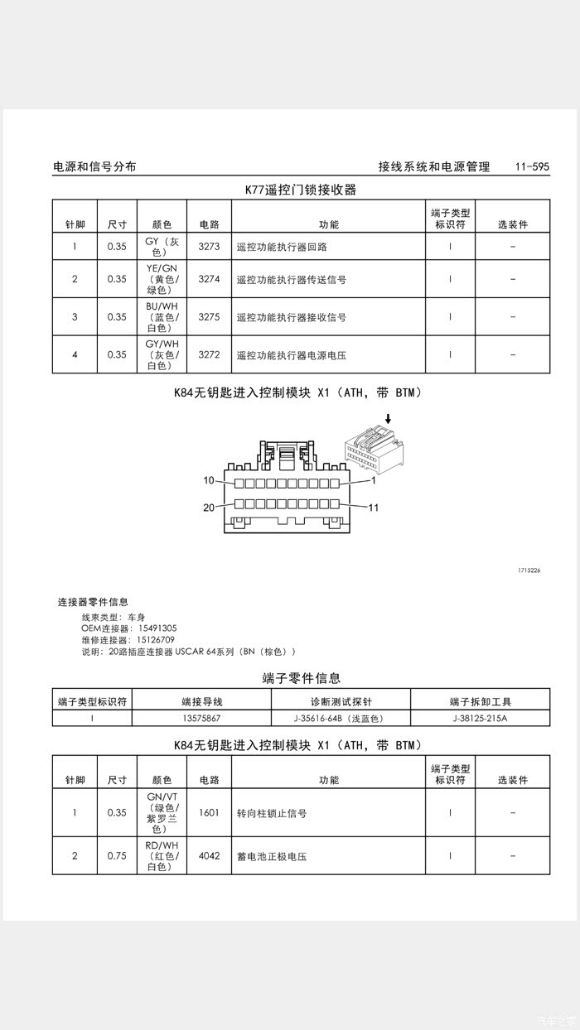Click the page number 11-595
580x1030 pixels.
tap(531, 166)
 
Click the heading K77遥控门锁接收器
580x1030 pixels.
tap(300, 190)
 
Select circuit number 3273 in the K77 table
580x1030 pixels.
tap(209, 247)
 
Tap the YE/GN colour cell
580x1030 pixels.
tap(162, 279)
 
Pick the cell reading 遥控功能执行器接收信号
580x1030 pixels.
tap(291, 317)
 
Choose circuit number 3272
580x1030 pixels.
tap(209, 355)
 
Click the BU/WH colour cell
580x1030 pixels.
tap(162, 317)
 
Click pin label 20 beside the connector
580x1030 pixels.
tap(209, 508)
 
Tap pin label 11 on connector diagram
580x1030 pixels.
tap(373, 508)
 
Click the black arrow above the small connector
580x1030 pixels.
tap(388, 420)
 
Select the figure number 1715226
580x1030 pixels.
tap(529, 570)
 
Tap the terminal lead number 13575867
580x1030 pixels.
tap(201, 718)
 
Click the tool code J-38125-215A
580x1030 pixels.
tap(480, 718)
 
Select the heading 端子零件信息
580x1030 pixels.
tap(301, 678)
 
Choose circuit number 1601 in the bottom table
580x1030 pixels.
tap(209, 813)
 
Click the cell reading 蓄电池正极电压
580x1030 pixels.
tap(272, 856)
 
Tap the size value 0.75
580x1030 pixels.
tap(117, 856)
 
